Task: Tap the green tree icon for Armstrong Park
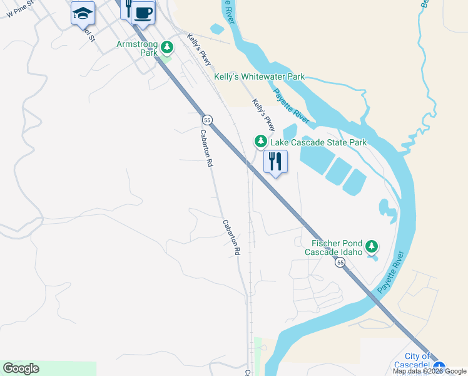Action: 167,47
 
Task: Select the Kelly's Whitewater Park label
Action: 260,76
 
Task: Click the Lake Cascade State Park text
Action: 318,142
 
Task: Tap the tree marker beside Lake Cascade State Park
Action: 260,142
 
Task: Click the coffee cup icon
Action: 143,12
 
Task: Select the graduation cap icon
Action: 83,12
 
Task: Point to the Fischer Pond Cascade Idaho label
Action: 333,248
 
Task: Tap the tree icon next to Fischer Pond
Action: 372,246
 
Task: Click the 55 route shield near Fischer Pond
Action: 340,264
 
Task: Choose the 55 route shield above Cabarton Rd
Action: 207,120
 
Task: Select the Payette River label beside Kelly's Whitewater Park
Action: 292,107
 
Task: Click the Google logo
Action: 21,368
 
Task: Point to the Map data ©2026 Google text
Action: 429,371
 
